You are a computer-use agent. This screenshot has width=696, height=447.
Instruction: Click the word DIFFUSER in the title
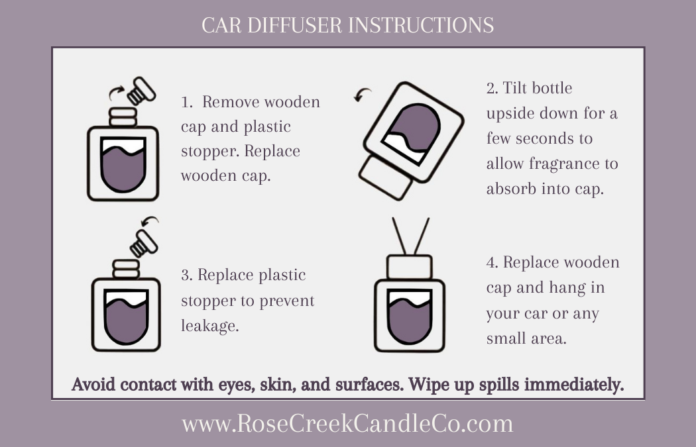click(x=294, y=25)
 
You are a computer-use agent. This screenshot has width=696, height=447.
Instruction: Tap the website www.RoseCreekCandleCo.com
click(x=347, y=424)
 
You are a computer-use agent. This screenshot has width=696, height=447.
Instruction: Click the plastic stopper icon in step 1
click(x=141, y=91)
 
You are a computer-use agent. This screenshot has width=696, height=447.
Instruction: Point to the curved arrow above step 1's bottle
click(x=116, y=93)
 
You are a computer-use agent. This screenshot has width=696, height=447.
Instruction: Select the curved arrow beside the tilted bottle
click(x=362, y=95)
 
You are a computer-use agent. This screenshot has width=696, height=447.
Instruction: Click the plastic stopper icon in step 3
click(x=144, y=243)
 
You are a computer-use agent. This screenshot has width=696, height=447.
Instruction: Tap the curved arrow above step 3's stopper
click(x=150, y=221)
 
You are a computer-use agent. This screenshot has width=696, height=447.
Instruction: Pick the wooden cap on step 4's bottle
click(x=409, y=267)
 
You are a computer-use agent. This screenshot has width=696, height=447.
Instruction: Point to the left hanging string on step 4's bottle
click(x=399, y=236)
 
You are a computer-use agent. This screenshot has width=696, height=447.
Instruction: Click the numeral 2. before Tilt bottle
click(x=492, y=88)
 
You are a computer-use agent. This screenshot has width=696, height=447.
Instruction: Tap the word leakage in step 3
click(x=209, y=326)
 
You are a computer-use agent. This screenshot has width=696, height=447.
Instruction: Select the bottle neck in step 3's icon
click(x=126, y=269)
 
